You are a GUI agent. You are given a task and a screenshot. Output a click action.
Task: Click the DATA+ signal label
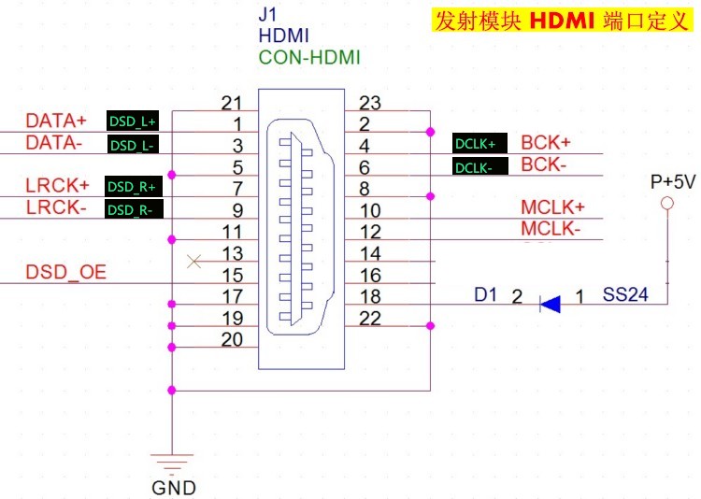(x=55, y=121)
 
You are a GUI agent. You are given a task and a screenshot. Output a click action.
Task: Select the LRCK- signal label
(x=56, y=207)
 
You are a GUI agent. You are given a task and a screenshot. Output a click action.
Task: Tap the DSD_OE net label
(x=65, y=272)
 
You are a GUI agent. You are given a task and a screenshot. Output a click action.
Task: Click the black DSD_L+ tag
(x=134, y=121)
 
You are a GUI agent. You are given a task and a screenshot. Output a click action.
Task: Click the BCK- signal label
(x=546, y=164)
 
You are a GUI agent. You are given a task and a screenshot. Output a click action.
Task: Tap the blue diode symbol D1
(x=550, y=303)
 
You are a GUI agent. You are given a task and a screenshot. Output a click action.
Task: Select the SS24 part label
(x=622, y=295)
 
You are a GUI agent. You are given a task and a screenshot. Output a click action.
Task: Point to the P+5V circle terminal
(x=667, y=204)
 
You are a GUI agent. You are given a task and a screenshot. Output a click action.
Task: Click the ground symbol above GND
(x=172, y=463)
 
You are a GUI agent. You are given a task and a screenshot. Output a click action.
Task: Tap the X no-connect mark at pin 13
(x=193, y=261)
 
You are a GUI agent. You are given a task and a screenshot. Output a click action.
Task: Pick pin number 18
(x=370, y=296)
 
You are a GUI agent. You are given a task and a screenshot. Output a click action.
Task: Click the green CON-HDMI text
(x=309, y=58)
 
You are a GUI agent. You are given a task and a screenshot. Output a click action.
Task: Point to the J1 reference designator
(x=267, y=16)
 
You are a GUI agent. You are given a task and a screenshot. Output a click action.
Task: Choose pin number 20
(x=233, y=339)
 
